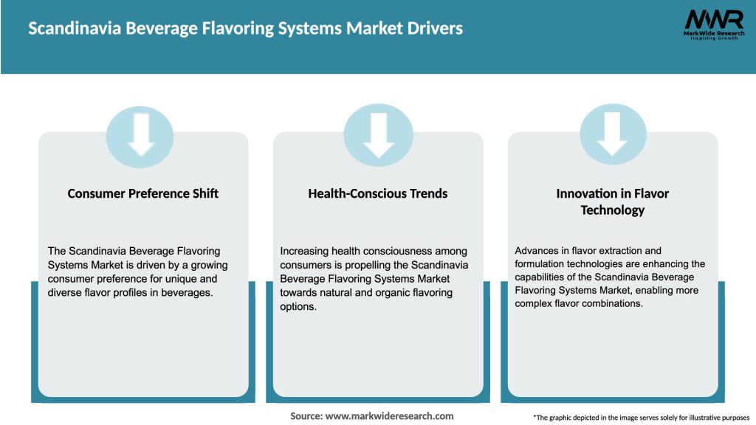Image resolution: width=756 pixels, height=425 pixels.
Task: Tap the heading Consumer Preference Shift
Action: coord(143,193)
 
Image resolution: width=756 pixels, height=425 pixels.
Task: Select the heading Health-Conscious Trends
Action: coord(378,193)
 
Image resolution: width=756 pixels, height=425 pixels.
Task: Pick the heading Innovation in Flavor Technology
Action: coord(612,201)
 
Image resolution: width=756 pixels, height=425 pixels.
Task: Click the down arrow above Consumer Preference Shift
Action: coord(140,135)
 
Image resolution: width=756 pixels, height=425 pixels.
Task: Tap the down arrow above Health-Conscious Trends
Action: coord(378,136)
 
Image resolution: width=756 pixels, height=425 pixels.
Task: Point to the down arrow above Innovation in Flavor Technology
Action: coord(612,136)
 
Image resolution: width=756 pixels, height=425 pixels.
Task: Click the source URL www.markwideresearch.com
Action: coord(390,416)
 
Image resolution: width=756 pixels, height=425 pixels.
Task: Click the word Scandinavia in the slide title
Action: coord(75,29)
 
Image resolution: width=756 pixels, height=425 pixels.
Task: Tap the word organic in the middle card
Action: coord(388,293)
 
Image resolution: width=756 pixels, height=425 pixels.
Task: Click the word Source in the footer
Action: coord(306,416)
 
